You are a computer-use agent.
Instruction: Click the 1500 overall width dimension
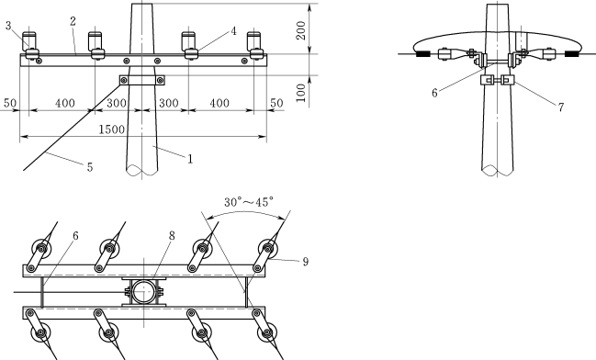(x=111, y=129)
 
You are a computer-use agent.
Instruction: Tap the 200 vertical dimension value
(x=301, y=30)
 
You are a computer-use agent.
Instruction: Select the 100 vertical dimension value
(x=301, y=93)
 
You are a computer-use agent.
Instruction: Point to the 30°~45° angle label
(x=249, y=202)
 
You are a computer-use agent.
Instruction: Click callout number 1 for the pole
(x=190, y=159)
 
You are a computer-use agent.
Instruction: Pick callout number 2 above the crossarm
(x=73, y=21)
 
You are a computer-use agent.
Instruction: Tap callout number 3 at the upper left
(x=8, y=26)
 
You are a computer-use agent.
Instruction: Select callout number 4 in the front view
(x=234, y=31)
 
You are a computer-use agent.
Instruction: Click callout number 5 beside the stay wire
(x=90, y=167)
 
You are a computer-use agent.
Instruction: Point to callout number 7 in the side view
(x=561, y=107)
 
